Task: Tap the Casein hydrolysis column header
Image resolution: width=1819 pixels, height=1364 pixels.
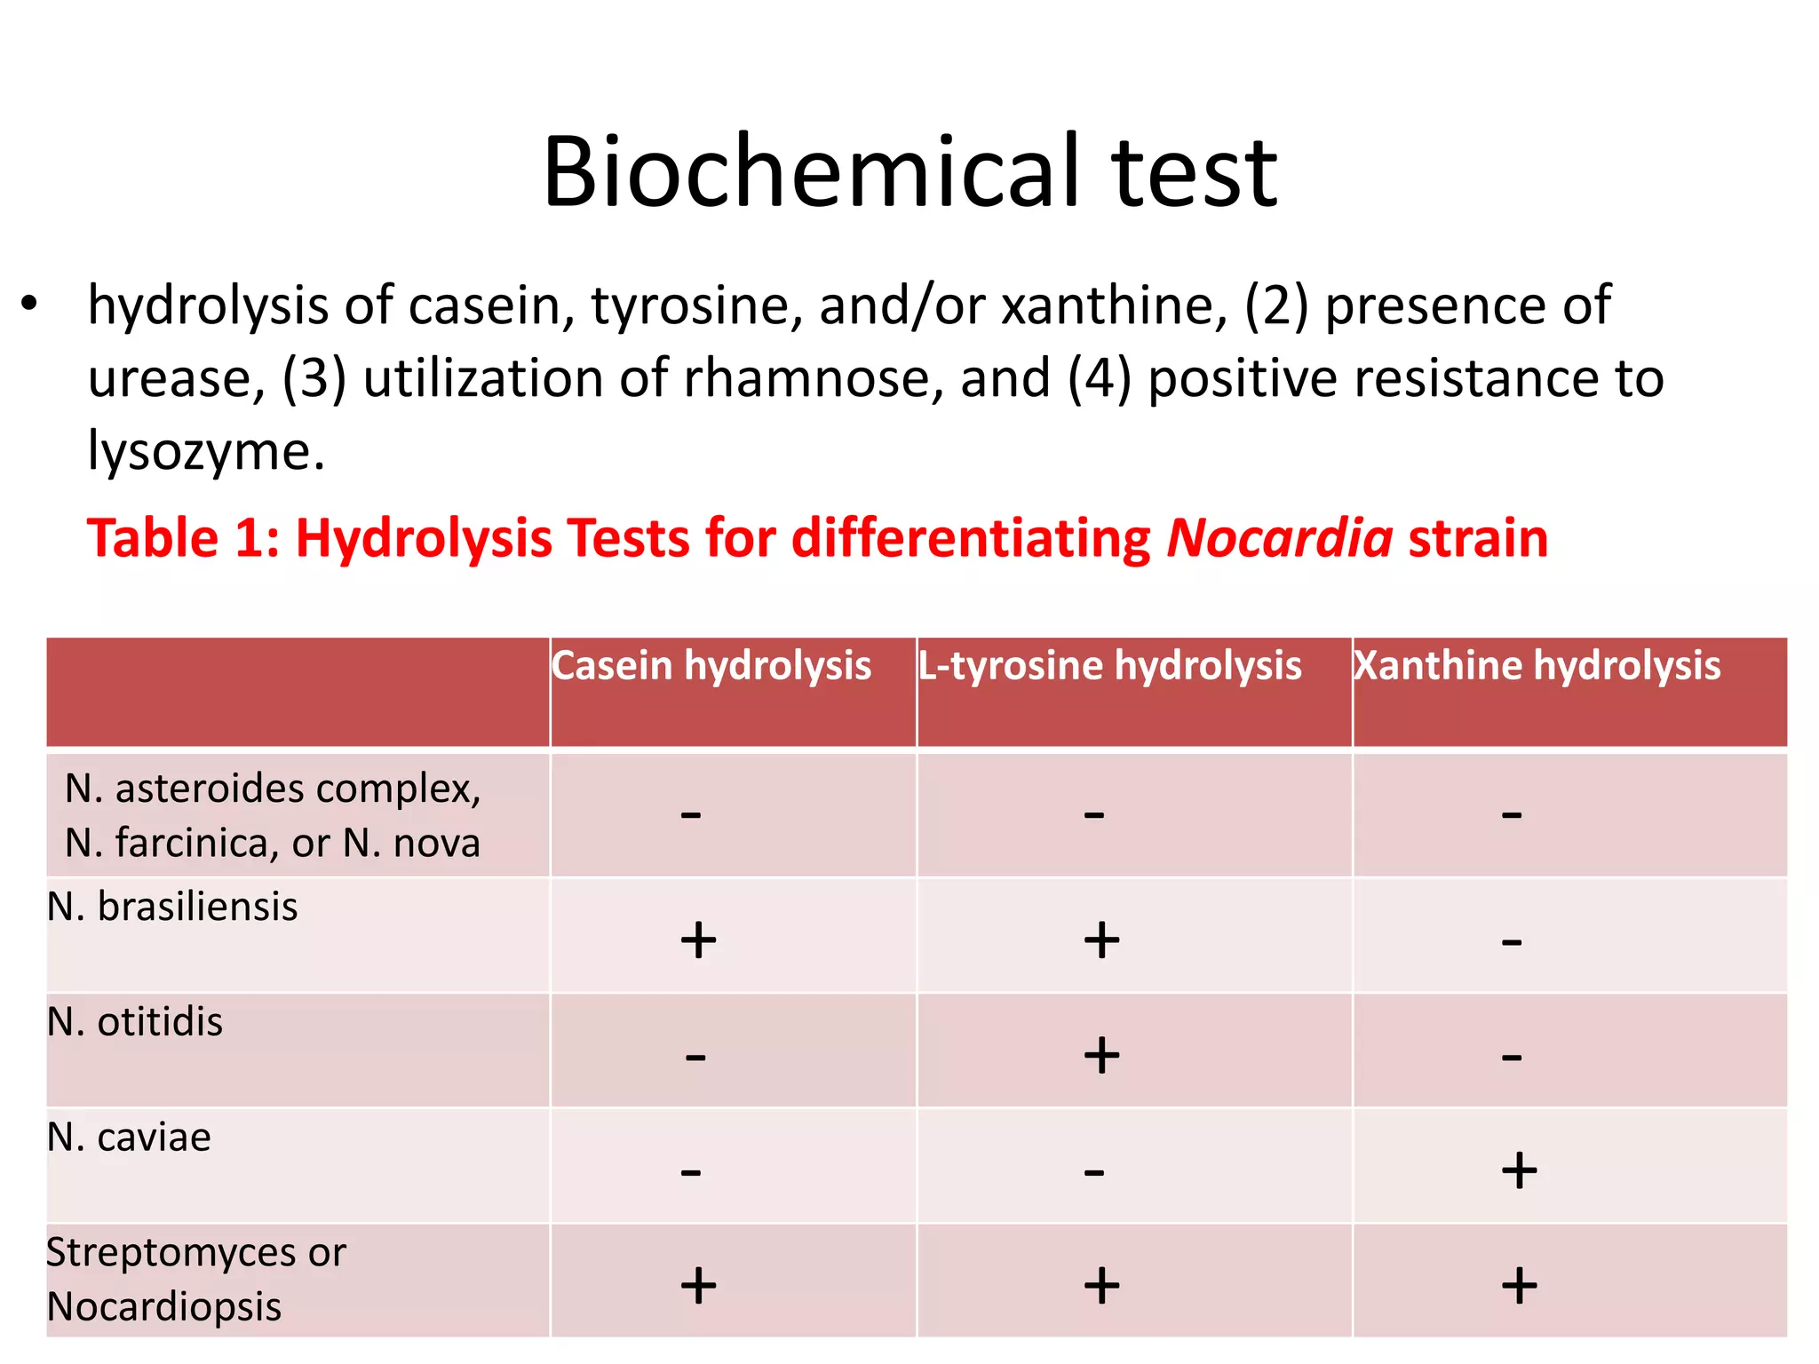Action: pos(711,666)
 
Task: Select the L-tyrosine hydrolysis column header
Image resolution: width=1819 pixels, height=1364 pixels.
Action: pos(1109,666)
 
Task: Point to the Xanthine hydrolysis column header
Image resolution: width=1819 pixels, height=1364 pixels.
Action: pos(1537,666)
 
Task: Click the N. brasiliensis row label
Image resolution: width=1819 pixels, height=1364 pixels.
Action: pos(172,907)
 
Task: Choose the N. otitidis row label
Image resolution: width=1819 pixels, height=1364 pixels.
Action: pos(135,1022)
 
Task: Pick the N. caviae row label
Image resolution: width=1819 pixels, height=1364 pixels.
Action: pos(130,1138)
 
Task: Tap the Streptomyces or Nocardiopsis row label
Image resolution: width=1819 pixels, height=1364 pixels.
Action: pos(195,1280)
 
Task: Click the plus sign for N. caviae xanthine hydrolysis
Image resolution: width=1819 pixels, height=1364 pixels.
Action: pos(1520,1170)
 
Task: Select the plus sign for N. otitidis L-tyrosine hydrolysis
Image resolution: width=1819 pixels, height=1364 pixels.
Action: pos(1101,1055)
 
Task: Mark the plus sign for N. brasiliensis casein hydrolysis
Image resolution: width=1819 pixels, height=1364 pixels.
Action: pos(698,940)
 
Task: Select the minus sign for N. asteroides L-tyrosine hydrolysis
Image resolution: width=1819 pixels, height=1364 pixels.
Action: pos(1094,814)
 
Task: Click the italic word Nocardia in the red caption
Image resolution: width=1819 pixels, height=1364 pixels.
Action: pos(1279,539)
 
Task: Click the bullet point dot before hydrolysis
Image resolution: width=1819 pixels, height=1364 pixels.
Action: pos(30,304)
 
